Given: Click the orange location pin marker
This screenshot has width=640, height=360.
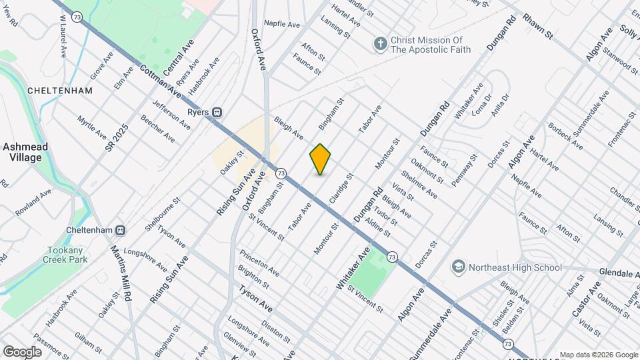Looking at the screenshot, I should click(320, 159).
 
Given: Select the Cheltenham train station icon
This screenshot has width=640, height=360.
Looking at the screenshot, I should click(121, 230).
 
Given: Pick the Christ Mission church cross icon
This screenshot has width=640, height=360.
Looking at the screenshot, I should click(380, 44).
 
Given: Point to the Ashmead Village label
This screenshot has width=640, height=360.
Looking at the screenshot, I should click(22, 152).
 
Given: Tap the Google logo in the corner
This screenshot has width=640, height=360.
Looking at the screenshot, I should click(22, 351).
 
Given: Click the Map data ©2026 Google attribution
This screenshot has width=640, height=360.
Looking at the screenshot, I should click(599, 355).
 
